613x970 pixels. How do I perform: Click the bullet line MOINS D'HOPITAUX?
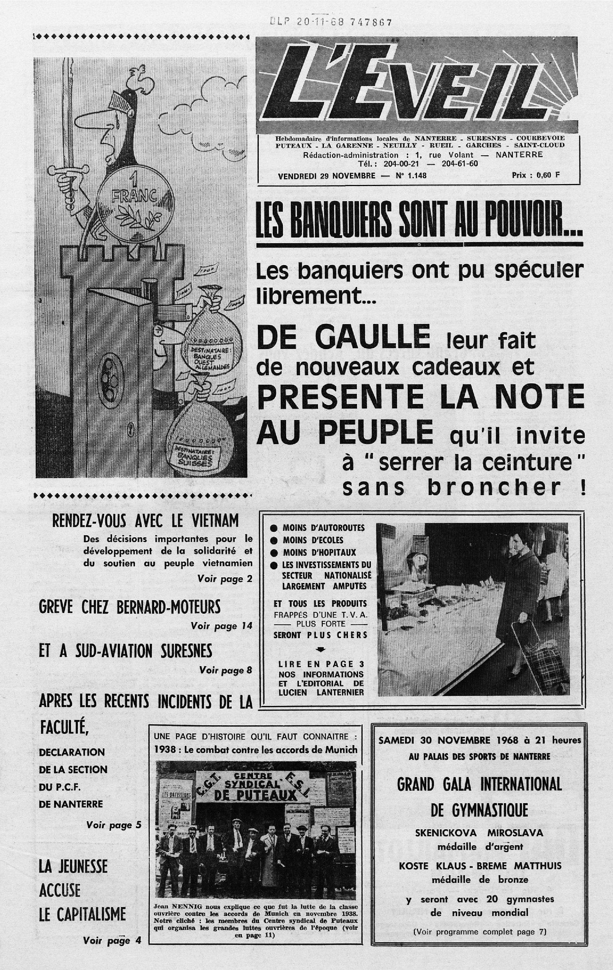point(319,552)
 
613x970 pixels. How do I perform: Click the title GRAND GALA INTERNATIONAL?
point(479,785)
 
